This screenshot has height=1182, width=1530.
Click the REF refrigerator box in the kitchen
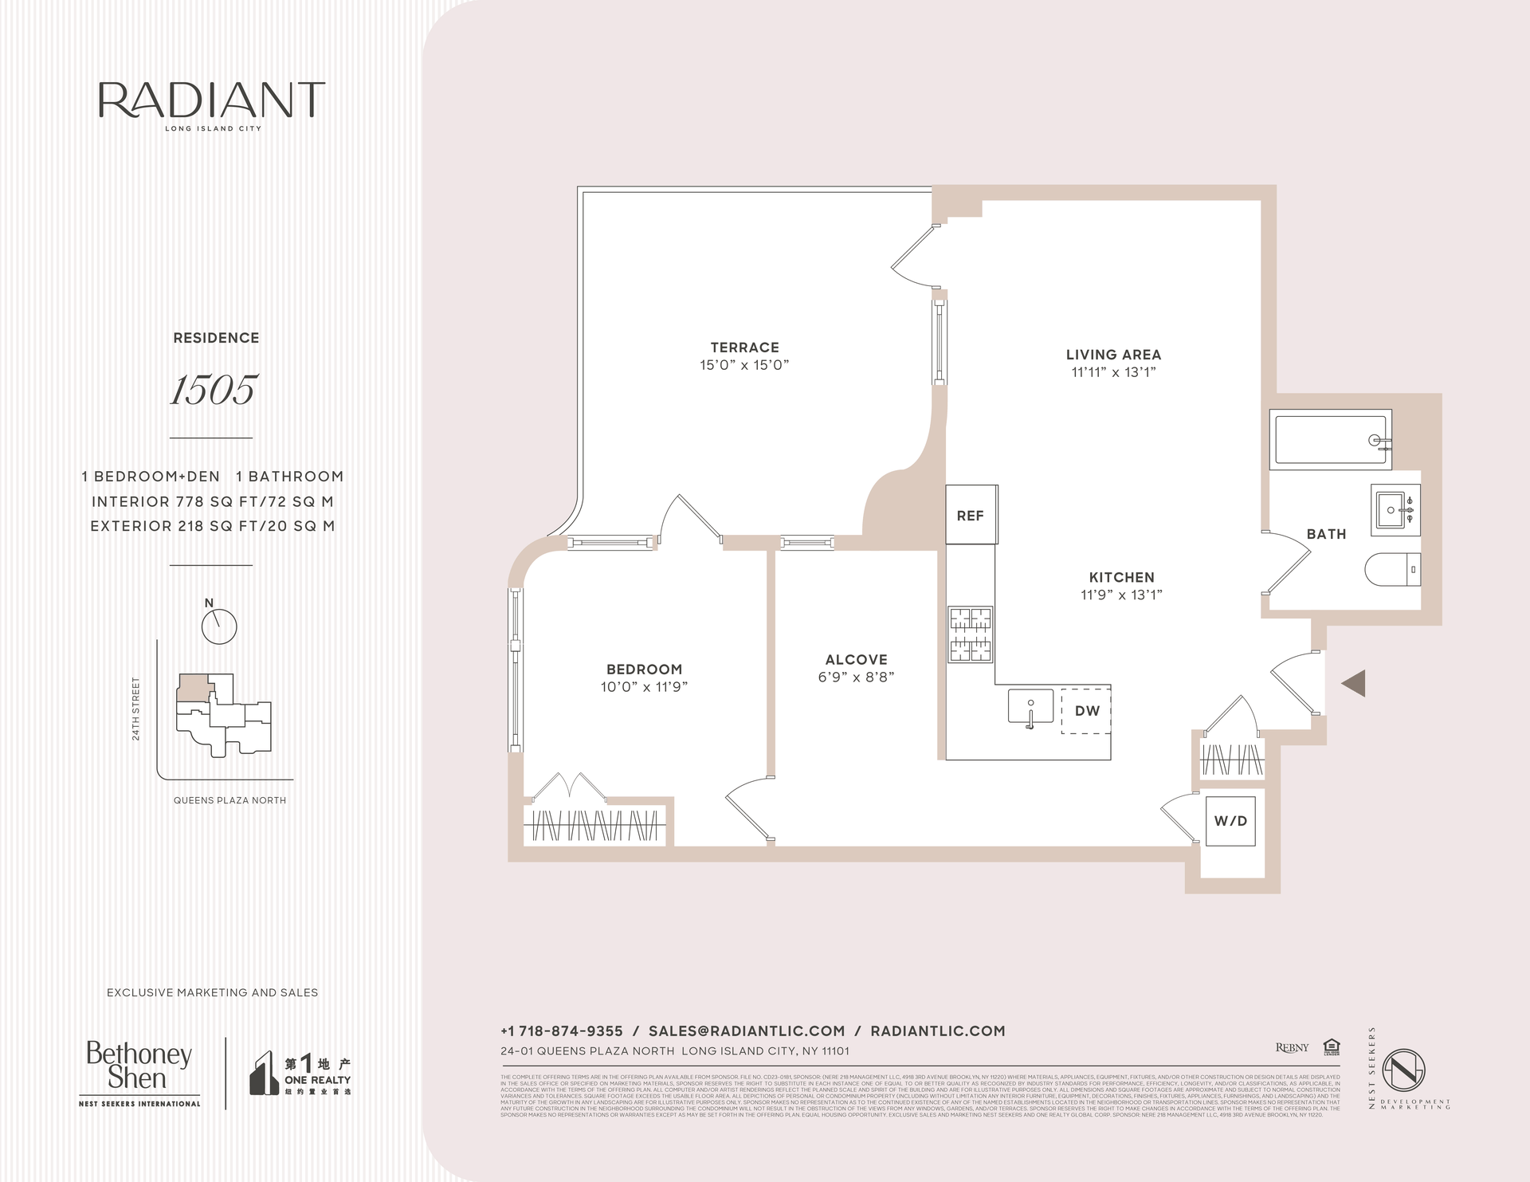click(971, 515)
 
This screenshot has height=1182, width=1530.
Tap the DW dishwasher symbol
click(1086, 710)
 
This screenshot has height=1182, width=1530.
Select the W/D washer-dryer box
click(1230, 821)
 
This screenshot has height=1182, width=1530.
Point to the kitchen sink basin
click(1030, 706)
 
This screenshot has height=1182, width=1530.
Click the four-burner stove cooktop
click(970, 634)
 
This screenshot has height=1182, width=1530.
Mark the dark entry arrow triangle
click(1354, 683)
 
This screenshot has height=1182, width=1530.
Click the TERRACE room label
click(744, 348)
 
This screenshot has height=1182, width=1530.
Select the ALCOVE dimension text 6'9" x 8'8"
click(856, 677)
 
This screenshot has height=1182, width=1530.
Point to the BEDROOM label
click(644, 670)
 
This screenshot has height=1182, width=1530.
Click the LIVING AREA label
click(1113, 355)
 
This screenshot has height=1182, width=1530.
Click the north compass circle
click(219, 627)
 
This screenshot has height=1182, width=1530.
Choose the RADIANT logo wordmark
click(212, 100)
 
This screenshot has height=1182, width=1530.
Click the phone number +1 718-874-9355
click(561, 1031)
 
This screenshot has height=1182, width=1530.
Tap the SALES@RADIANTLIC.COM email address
click(746, 1031)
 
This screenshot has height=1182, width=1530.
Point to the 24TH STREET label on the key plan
click(136, 709)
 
